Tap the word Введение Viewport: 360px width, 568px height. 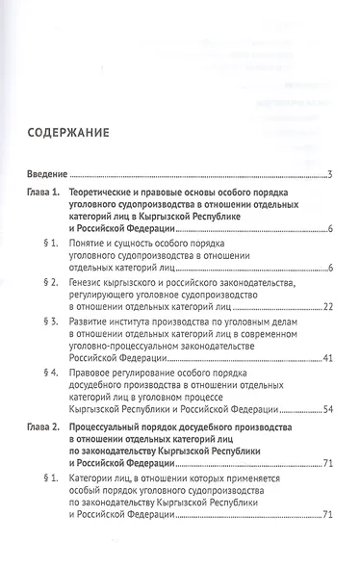coord(46,174)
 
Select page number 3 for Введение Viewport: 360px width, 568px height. coord(329,174)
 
